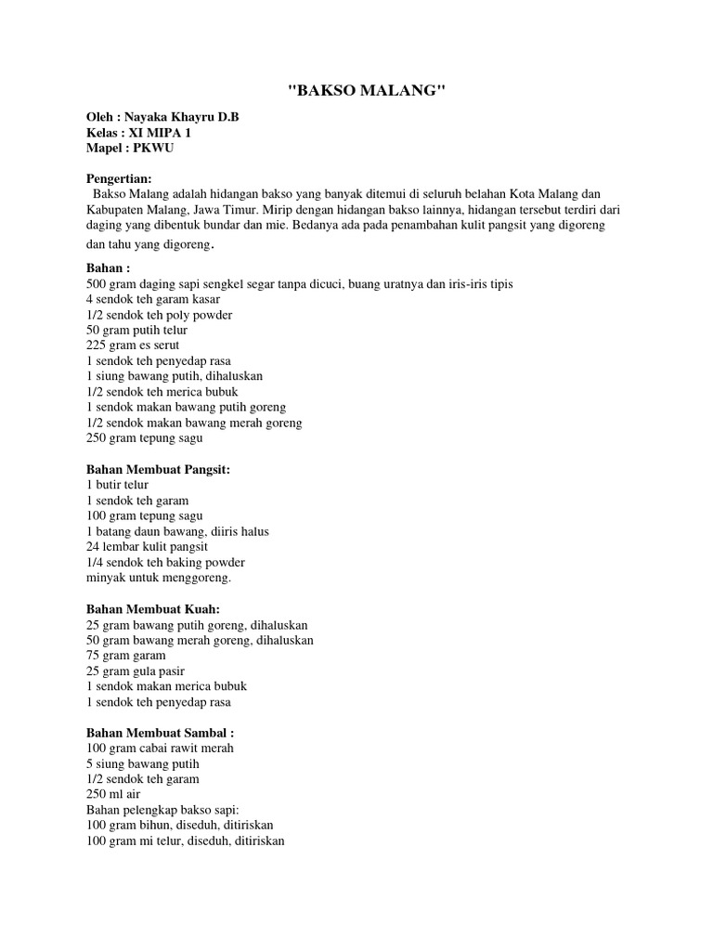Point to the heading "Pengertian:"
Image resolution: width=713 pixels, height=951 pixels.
119,178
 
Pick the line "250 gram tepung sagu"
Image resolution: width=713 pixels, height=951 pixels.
144,437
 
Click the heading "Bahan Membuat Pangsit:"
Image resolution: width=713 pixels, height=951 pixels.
157,470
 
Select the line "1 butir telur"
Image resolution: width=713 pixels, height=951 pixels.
117,485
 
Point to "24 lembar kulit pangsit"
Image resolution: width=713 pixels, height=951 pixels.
147,546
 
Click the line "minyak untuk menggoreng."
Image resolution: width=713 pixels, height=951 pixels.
158,577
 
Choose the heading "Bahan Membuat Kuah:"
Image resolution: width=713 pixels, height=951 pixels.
152,609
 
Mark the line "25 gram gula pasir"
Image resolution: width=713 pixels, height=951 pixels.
136,671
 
